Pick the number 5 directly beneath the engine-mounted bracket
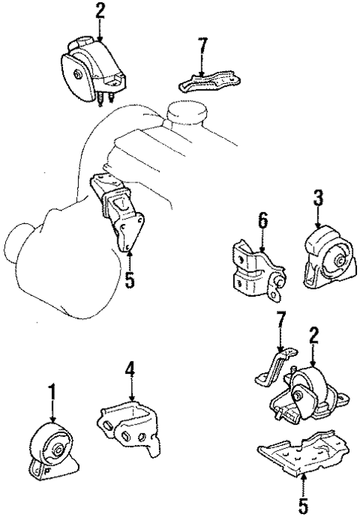pos(130,281)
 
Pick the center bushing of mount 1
pos(56,449)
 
